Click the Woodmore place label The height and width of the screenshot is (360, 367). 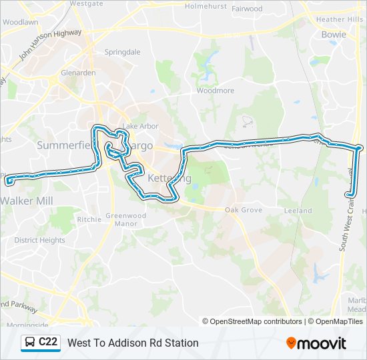216,90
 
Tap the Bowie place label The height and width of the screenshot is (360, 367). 333,34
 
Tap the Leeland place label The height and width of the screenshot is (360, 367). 298,211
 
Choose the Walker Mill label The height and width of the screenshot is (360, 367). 27,200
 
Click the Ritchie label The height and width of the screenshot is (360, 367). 89,219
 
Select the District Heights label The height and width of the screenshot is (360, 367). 39,240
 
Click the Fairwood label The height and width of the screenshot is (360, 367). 247,9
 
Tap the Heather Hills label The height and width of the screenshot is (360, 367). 340,19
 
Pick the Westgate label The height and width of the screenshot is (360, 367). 86,3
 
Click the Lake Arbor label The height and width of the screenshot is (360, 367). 140,126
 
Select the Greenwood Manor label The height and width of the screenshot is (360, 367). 125,220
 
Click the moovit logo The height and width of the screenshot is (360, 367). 316,343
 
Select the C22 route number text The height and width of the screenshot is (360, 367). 48,343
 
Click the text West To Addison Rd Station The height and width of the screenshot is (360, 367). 133,343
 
